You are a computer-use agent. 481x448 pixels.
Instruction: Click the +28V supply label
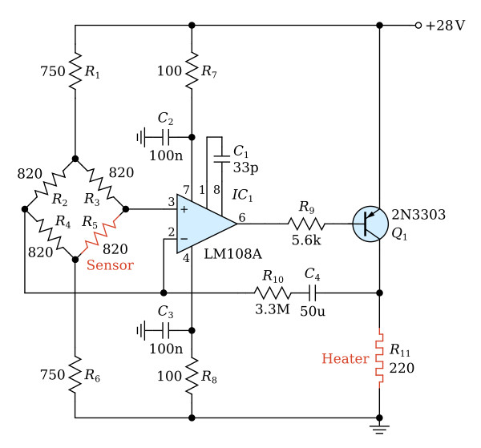(x=445, y=26)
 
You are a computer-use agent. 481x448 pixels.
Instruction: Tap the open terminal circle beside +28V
(x=418, y=26)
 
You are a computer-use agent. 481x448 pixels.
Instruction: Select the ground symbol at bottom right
(x=379, y=429)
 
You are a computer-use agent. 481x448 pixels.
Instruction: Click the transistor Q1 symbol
(x=370, y=224)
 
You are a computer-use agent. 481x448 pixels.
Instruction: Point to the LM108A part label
(x=232, y=254)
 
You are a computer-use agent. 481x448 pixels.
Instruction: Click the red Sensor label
(x=110, y=265)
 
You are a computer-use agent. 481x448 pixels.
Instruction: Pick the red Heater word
(x=345, y=358)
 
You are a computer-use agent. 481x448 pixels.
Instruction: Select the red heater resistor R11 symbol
(x=379, y=358)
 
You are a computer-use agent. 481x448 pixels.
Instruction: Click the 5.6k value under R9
(x=306, y=240)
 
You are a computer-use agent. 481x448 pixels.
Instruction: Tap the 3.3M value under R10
(x=273, y=309)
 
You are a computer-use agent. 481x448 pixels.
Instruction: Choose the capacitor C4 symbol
(x=312, y=293)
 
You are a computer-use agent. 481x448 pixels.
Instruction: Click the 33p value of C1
(x=246, y=167)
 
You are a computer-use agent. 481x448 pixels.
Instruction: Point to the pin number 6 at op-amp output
(x=242, y=218)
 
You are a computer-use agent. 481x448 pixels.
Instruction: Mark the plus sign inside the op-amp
(x=184, y=209)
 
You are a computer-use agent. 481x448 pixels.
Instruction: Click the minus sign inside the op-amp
(x=184, y=239)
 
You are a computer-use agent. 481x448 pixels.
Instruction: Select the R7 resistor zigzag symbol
(x=192, y=71)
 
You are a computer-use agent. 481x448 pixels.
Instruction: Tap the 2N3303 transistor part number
(x=418, y=215)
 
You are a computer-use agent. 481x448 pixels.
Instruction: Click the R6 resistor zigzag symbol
(x=75, y=374)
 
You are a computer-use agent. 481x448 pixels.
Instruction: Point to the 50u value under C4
(x=313, y=311)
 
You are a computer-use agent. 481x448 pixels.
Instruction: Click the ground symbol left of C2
(x=140, y=137)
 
